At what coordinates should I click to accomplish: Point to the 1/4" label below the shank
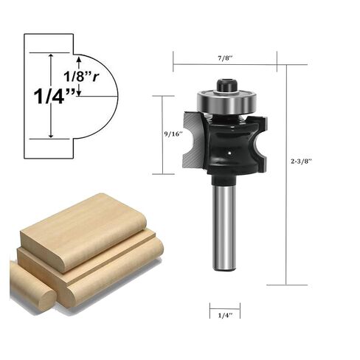[224, 316]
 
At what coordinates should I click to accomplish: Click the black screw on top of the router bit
[226, 86]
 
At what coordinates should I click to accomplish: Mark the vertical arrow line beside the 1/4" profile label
[51, 96]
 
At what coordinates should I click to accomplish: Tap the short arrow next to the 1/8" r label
[79, 88]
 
